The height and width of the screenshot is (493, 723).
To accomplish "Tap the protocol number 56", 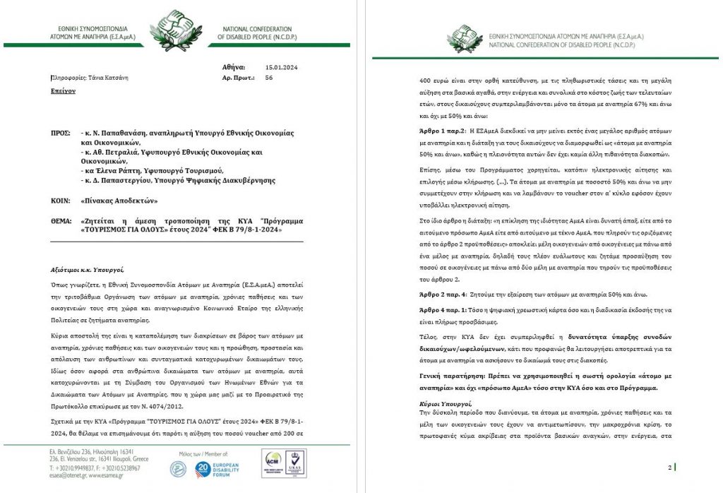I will coord(269,78).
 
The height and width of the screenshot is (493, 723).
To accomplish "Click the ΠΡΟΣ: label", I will coord(61,132).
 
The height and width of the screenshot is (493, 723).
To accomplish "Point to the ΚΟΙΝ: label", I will coord(62,201).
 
